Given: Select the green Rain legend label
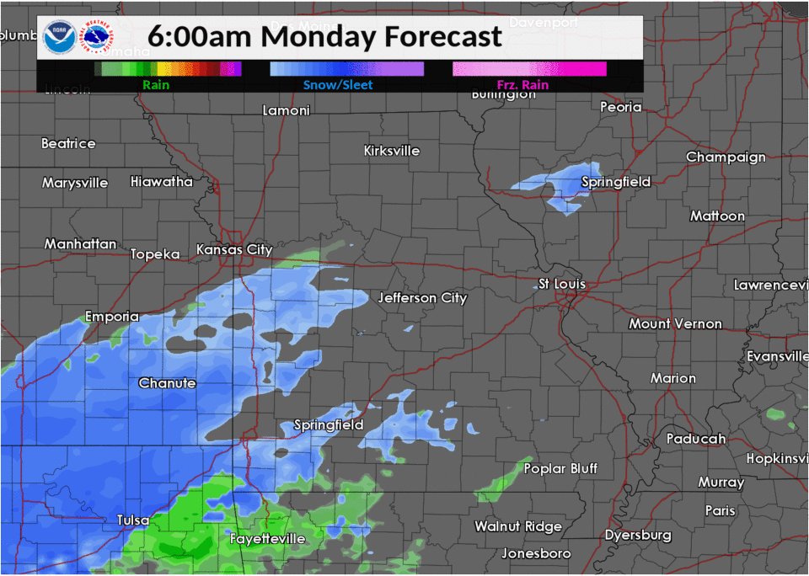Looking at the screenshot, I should point(155,84).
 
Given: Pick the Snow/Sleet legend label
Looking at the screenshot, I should point(337,84).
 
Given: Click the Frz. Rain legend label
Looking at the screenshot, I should point(522,84).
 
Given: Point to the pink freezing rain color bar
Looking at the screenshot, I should point(528,69).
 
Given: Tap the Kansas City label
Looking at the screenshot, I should point(233,249).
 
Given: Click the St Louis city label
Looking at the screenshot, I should point(562,284).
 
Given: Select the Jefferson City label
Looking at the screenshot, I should point(422,297).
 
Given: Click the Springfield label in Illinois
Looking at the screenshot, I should point(616,181).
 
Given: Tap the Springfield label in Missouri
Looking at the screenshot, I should point(329,424).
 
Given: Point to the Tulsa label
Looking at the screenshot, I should point(133,520).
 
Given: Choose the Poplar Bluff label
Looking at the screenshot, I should point(560,467).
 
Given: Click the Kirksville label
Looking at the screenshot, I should point(391,150).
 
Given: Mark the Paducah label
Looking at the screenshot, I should point(695,438).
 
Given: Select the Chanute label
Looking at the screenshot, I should point(167,382).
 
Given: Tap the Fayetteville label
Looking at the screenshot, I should point(267,538).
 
